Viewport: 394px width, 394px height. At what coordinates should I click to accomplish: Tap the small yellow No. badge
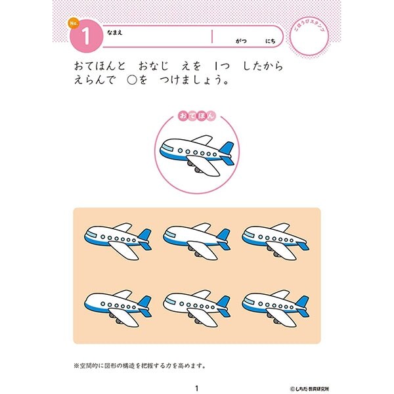tap(72, 25)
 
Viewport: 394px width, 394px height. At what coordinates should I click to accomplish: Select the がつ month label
tap(240, 41)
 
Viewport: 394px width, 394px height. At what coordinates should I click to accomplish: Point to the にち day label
tap(270, 41)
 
